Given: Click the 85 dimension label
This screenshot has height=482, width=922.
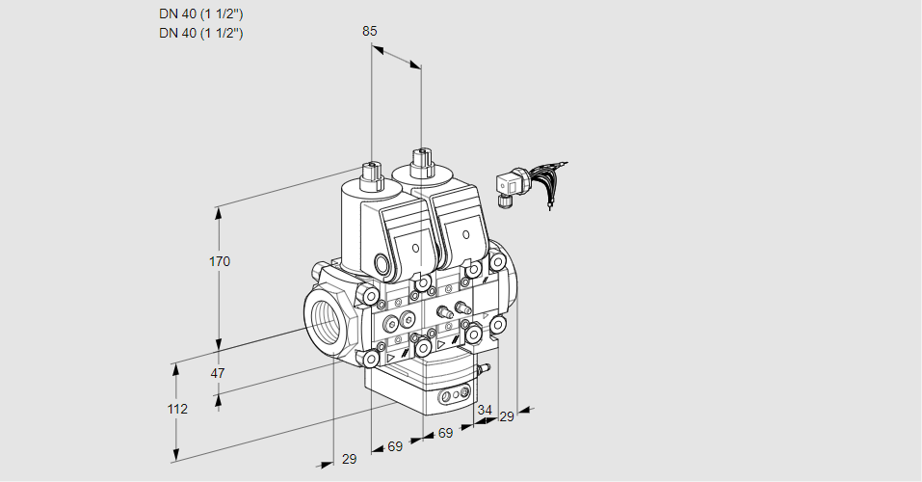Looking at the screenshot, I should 370,31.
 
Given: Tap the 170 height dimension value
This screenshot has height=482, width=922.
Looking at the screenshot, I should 220,261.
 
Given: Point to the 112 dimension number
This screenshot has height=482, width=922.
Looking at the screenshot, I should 176,409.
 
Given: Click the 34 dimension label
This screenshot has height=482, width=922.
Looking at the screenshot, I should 484,410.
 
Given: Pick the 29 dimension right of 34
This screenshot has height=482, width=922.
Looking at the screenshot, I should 507,416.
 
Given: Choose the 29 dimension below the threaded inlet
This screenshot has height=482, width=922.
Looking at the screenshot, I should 349,459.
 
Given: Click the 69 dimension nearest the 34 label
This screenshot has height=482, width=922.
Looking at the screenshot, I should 446,434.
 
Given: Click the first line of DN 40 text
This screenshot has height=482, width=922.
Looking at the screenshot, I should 200,13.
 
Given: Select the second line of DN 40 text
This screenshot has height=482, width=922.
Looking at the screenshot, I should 200,33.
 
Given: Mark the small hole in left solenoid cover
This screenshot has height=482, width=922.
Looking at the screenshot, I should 415,248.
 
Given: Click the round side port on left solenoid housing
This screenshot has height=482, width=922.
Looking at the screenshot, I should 382,264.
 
